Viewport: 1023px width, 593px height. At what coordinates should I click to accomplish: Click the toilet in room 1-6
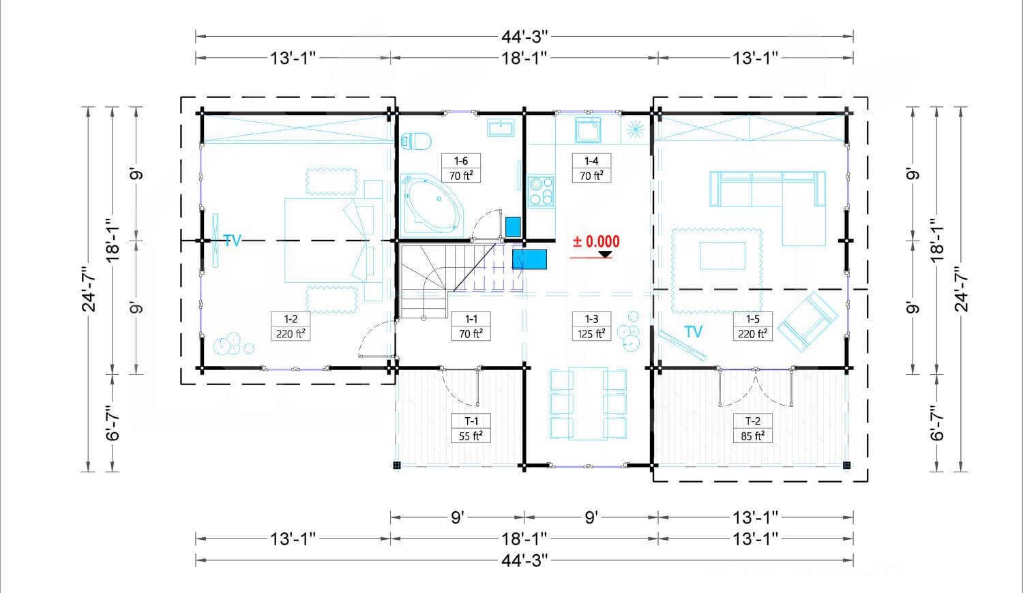(415, 141)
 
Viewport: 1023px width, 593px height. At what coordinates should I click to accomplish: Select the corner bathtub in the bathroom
(432, 205)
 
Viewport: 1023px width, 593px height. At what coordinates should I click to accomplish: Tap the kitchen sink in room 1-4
(588, 130)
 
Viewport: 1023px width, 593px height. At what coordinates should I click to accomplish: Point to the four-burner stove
(541, 192)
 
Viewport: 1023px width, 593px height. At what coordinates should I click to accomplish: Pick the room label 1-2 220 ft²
(291, 326)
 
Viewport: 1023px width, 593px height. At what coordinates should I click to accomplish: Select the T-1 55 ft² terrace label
(471, 428)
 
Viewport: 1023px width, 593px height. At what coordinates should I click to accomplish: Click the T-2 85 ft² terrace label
(752, 428)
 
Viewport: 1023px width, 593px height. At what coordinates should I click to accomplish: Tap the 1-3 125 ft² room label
(591, 326)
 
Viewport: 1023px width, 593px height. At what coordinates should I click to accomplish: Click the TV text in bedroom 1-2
(232, 241)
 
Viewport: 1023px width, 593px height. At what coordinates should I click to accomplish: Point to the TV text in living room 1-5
(694, 332)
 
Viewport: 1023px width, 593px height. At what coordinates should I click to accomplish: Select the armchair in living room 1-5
(808, 322)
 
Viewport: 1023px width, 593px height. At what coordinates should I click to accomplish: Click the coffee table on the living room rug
(722, 256)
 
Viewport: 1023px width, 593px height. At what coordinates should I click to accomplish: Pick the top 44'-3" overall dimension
(524, 36)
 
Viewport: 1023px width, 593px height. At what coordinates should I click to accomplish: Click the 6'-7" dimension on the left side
(113, 423)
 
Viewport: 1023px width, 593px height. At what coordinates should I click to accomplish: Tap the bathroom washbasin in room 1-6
(501, 128)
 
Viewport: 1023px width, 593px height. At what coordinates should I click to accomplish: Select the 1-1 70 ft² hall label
(471, 326)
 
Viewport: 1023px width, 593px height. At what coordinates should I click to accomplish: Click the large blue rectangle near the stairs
(529, 259)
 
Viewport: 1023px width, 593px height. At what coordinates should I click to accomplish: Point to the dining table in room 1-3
(588, 404)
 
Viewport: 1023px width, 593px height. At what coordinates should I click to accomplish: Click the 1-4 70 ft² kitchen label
(591, 168)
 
